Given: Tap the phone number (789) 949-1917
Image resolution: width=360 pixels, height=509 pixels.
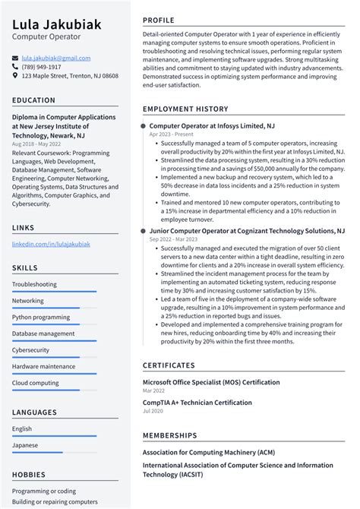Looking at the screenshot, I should coord(42,67).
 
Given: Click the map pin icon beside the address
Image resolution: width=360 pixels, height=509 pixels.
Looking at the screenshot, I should coord(15,76).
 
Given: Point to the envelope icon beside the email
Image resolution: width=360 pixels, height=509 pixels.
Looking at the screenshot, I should coord(15,58).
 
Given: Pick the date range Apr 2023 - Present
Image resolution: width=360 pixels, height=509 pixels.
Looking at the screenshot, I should coord(171,134).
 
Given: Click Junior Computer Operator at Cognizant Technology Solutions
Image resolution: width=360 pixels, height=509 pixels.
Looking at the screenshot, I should coord(247,230).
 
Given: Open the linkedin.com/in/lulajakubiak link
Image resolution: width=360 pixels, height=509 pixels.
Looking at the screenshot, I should coord(51,244).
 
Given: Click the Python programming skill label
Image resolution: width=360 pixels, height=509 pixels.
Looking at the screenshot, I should coord(41,317).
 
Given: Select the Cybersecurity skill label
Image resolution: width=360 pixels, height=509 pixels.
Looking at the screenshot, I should coord(31,350).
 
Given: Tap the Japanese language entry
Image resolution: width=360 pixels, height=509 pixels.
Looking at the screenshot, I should coord(25,445).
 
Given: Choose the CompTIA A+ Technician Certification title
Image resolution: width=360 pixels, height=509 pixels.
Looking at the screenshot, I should coord(197,403).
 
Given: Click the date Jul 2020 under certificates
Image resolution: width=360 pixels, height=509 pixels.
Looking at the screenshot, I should coord(153,411).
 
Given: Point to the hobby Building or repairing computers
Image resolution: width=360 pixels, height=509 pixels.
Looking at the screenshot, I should coord(55,501).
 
